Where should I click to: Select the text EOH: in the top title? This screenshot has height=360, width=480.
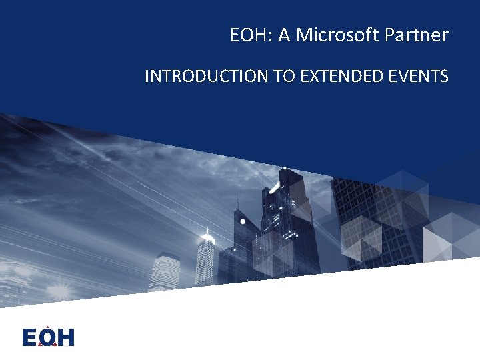(x=251, y=35)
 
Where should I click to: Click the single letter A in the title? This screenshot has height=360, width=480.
(x=284, y=35)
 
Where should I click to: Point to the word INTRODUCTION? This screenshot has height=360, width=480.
(x=207, y=77)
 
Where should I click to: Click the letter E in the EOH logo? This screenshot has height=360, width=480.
(x=30, y=337)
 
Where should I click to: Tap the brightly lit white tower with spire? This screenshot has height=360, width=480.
(x=206, y=257)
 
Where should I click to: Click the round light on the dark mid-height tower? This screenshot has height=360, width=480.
(x=243, y=221)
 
